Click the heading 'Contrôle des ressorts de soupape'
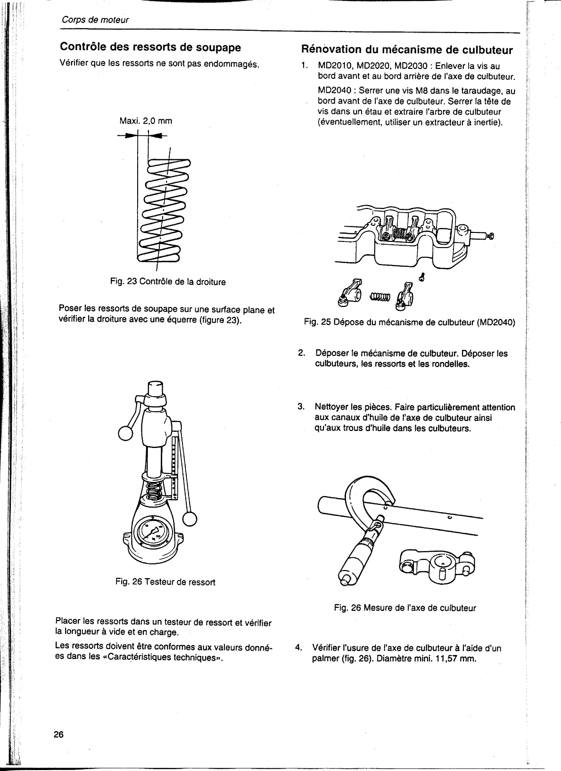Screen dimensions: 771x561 tap(150, 47)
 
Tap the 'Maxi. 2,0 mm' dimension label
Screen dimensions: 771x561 tap(146, 121)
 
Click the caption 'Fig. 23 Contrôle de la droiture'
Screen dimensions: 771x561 tap(168, 282)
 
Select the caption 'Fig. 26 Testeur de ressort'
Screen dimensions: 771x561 tap(165, 582)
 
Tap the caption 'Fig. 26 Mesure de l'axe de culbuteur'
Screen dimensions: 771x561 tap(405, 608)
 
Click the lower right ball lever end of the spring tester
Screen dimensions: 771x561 tap(190, 519)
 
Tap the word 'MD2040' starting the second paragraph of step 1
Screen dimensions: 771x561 tap(334, 91)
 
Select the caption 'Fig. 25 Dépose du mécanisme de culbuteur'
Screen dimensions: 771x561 tap(409, 323)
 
